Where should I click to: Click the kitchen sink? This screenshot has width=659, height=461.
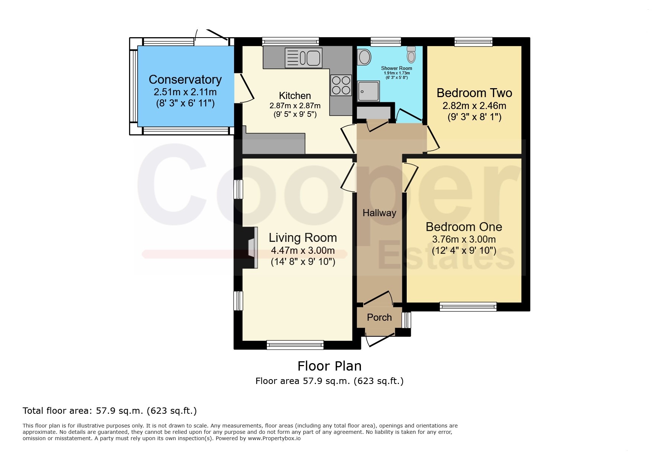pyautogui.click(x=304, y=58)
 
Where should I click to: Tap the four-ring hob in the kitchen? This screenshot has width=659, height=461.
pyautogui.click(x=341, y=85)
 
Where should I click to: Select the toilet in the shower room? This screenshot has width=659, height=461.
pyautogui.click(x=411, y=54)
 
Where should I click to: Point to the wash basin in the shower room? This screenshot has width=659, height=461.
pyautogui.click(x=364, y=57)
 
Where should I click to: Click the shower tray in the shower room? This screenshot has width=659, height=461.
pyautogui.click(x=369, y=91)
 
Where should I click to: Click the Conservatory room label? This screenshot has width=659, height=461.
pyautogui.click(x=185, y=80)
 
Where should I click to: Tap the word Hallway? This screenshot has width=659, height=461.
pyautogui.click(x=379, y=213)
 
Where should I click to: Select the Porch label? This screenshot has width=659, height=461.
pyautogui.click(x=379, y=317)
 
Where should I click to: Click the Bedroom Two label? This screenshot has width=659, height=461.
pyautogui.click(x=474, y=93)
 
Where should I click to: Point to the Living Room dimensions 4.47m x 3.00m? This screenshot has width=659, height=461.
pyautogui.click(x=303, y=250)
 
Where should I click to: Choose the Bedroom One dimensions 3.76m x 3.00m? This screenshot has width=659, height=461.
pyautogui.click(x=464, y=239)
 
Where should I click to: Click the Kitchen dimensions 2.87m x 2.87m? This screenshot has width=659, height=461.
pyautogui.click(x=295, y=106)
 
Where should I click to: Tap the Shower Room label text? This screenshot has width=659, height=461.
pyautogui.click(x=397, y=68)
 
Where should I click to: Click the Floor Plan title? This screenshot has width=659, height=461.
pyautogui.click(x=330, y=366)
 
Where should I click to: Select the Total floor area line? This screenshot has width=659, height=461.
pyautogui.click(x=110, y=411)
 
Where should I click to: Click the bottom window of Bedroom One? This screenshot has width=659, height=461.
pyautogui.click(x=468, y=307)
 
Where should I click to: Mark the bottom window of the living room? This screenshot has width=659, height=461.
pyautogui.click(x=295, y=345)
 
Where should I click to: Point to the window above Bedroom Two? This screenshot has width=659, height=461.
pyautogui.click(x=473, y=42)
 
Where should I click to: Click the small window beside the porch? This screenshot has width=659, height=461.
pyautogui.click(x=406, y=320)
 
